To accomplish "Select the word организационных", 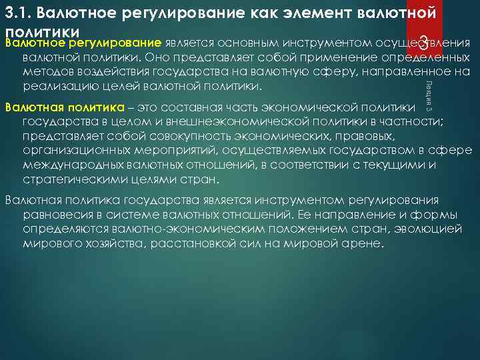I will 70,151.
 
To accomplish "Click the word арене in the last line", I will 363,245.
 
